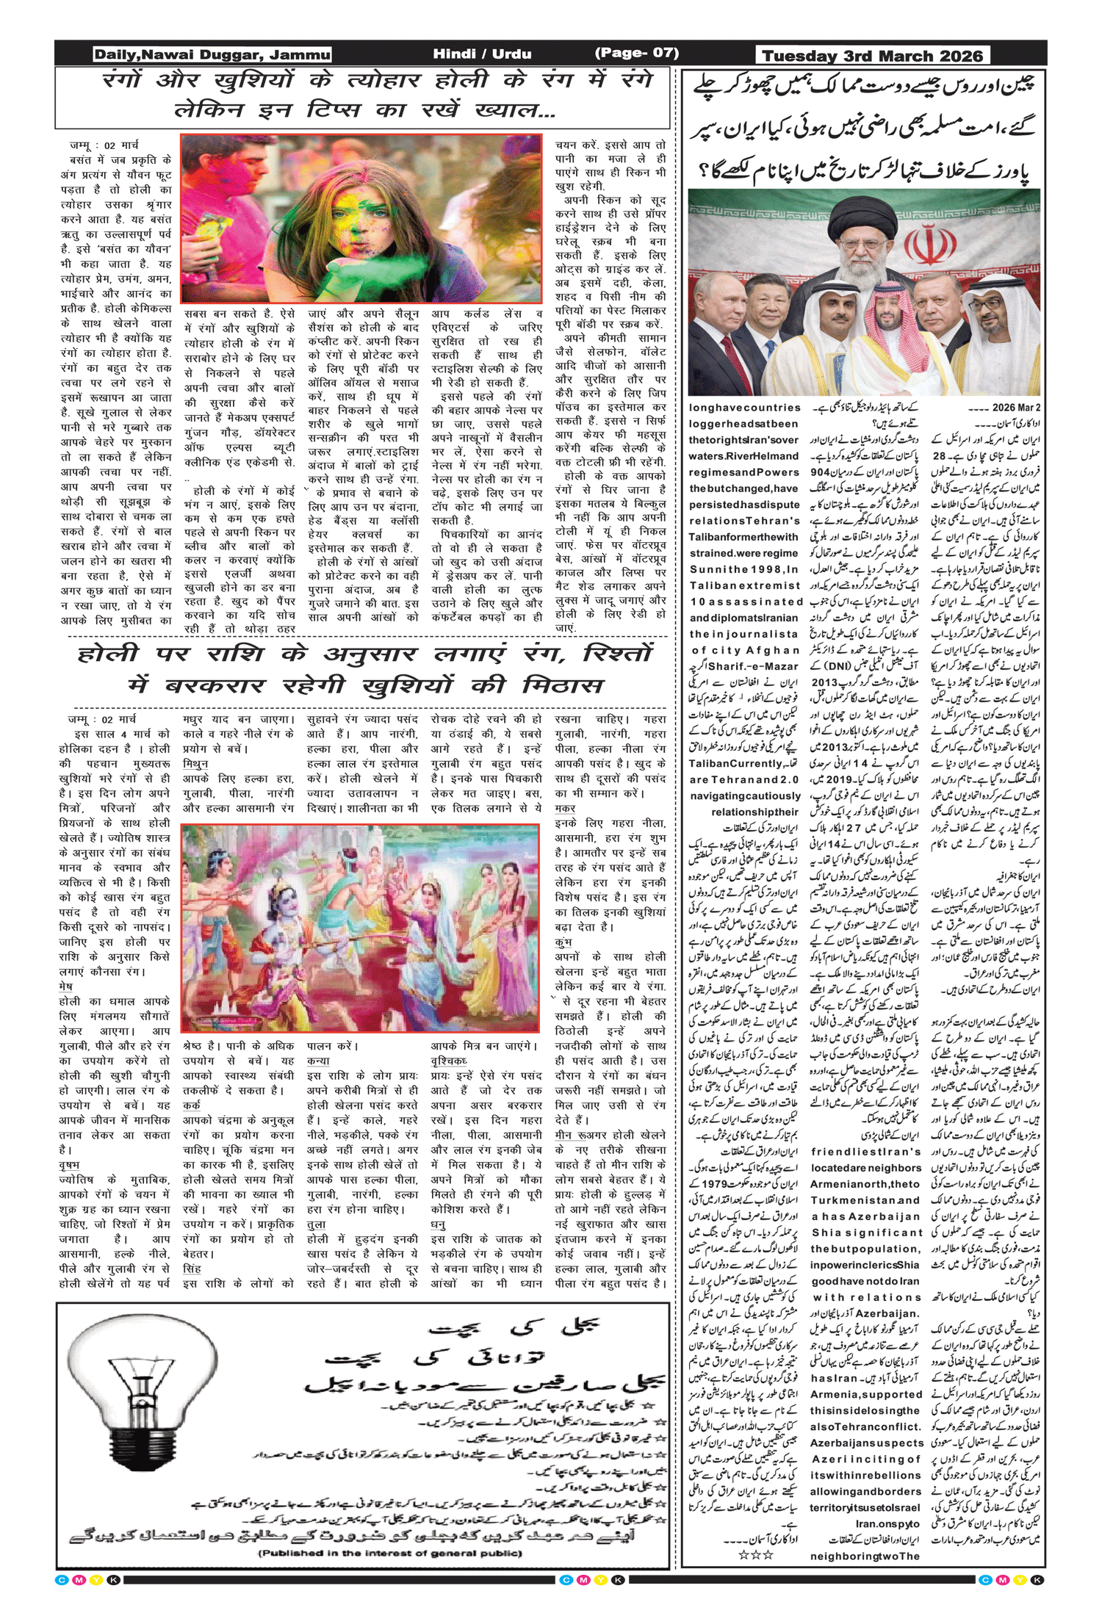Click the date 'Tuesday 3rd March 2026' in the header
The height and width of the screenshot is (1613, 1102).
point(872,56)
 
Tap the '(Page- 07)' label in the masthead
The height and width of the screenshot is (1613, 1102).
point(636,53)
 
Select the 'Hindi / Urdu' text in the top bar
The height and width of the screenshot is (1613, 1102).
point(482,54)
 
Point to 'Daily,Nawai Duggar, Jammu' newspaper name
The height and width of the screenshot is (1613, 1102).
point(212,54)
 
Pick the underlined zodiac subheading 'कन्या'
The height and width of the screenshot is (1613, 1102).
point(318,1061)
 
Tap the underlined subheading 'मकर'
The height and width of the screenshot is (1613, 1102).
point(565,808)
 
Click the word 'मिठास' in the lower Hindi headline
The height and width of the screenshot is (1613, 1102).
point(562,686)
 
